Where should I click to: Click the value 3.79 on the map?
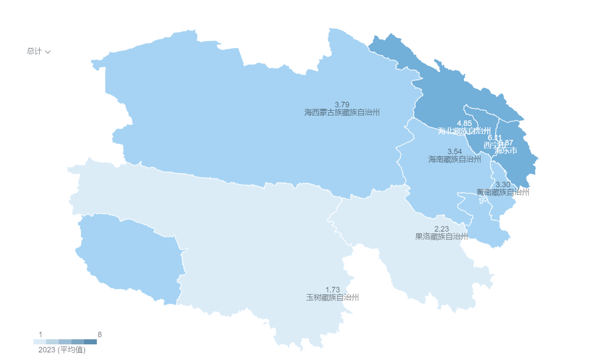tap(342, 105)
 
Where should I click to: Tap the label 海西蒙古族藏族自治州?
tap(342, 112)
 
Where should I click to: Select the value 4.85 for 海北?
tap(464, 123)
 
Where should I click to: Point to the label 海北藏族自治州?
tap(464, 131)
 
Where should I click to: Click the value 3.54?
tap(455, 152)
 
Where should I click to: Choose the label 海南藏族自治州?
tap(455, 159)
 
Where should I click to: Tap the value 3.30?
tap(503, 185)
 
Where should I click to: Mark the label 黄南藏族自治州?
tap(503, 192)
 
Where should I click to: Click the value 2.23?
tap(441, 229)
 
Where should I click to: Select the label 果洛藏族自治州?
tap(441, 237)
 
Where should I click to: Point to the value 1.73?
tap(332, 290)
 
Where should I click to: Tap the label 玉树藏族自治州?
tap(332, 297)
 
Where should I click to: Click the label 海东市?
tap(507, 151)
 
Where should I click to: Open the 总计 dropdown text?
tap(34, 51)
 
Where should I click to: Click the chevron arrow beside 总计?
tap(48, 52)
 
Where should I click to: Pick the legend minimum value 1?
tap(41, 335)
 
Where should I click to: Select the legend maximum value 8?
tap(99, 335)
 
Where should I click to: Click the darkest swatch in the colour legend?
tap(90, 342)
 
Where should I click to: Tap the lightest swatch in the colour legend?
tap(40, 342)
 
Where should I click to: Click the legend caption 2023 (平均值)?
tap(62, 350)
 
